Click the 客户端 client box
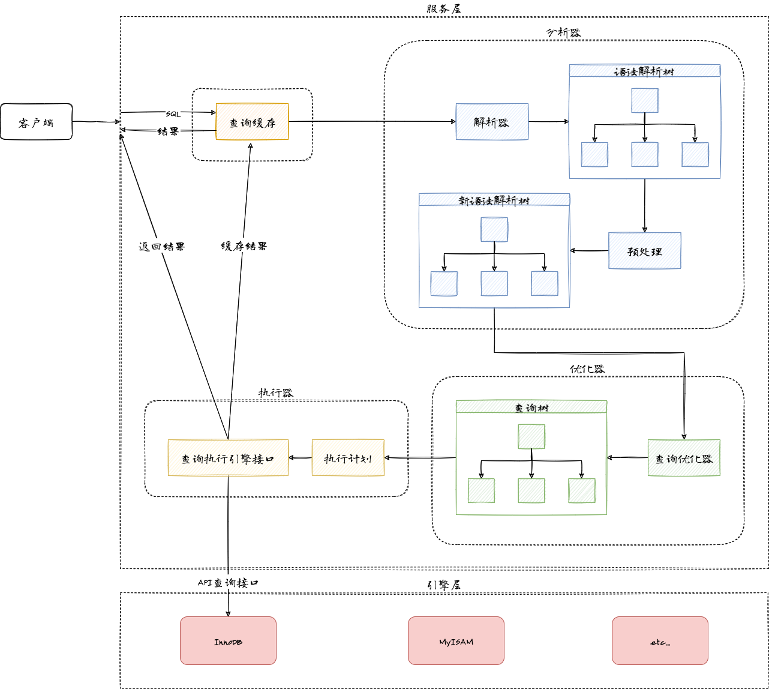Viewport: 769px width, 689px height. click(x=36, y=122)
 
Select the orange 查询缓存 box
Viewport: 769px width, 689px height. click(x=252, y=122)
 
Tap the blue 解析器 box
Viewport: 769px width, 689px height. click(x=492, y=122)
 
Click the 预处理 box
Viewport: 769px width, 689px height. click(x=645, y=251)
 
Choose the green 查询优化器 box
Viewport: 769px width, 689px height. click(x=684, y=458)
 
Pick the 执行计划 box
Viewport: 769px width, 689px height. click(x=348, y=458)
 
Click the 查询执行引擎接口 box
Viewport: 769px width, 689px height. click(x=228, y=458)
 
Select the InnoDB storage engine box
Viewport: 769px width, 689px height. click(x=228, y=641)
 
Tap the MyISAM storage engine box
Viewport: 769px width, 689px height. click(x=456, y=641)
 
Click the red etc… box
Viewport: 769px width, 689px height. click(x=660, y=641)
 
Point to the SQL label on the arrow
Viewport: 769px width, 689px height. click(x=173, y=113)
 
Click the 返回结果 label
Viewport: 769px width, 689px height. click(x=161, y=246)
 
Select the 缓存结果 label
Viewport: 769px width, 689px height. click(x=244, y=246)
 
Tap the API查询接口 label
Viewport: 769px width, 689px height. click(x=228, y=582)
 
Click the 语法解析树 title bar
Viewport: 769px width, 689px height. click(x=644, y=71)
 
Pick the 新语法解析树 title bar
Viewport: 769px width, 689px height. click(x=494, y=200)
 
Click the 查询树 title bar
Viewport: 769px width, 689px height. click(x=531, y=407)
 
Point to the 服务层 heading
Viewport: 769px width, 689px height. click(x=444, y=8)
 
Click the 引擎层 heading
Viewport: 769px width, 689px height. click(x=444, y=585)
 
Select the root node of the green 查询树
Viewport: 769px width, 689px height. click(x=531, y=436)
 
